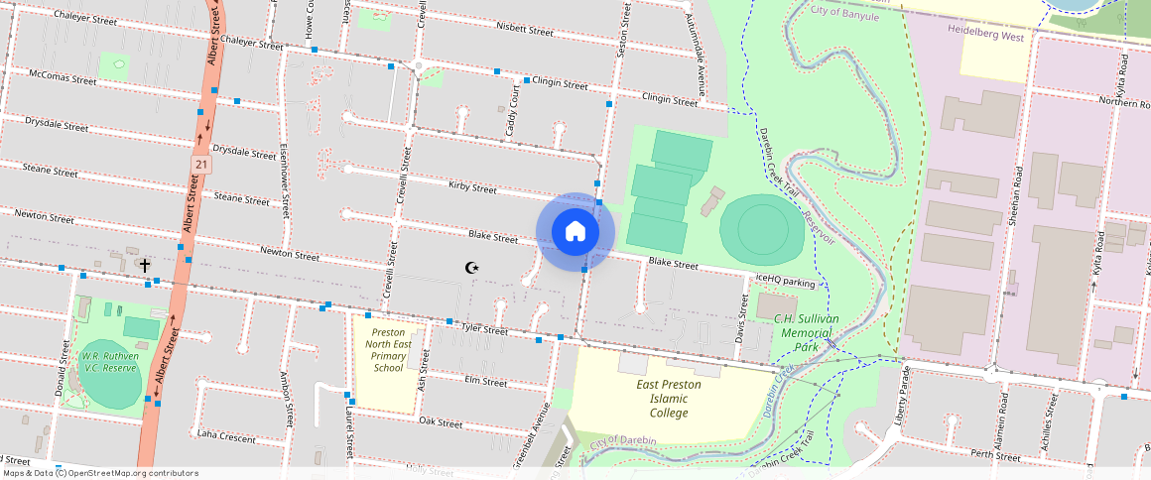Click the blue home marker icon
pyautogui.click(x=575, y=232)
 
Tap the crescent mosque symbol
pyautogui.click(x=472, y=268)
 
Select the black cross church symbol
pyautogui.click(x=146, y=265)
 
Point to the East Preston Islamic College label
pyautogui.click(x=669, y=399)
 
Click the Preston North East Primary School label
pyautogui.click(x=389, y=349)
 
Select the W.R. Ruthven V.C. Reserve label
pyautogui.click(x=109, y=362)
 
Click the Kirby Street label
pyautogui.click(x=472, y=187)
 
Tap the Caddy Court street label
pyautogui.click(x=513, y=111)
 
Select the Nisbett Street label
pyautogui.click(x=524, y=30)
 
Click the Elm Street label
pyautogui.click(x=485, y=380)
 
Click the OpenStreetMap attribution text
pyautogui.click(x=99, y=473)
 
